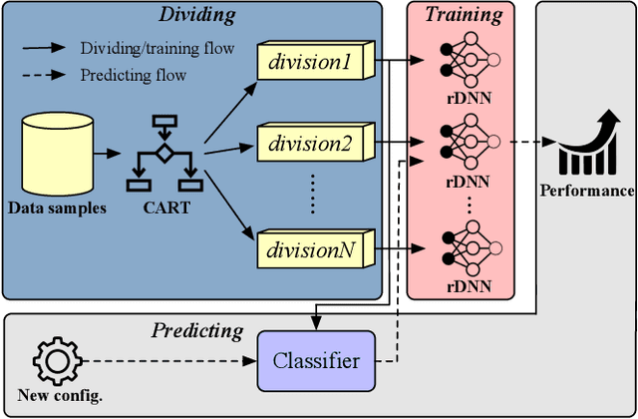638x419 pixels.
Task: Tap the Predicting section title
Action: [196, 330]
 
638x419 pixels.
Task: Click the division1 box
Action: [311, 63]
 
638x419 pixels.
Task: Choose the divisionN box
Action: [311, 249]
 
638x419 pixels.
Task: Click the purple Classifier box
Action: [317, 360]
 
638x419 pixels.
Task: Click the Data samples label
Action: [57, 209]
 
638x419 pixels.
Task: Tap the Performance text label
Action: [587, 190]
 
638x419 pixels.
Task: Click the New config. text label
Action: [60, 397]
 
